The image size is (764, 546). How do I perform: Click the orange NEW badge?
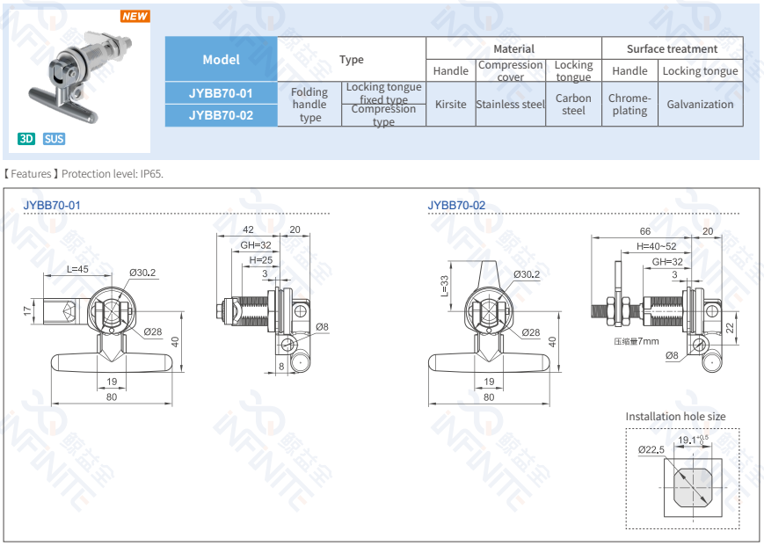(135, 16)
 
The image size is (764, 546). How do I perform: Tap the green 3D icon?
(27, 139)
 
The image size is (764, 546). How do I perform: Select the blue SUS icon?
(55, 139)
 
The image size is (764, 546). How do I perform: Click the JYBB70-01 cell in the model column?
(221, 93)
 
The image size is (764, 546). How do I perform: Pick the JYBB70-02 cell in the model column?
(221, 115)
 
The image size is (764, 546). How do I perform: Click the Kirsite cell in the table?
(450, 104)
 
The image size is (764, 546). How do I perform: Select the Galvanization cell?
(700, 104)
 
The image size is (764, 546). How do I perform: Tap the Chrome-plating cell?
(629, 104)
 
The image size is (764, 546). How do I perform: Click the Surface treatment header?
(672, 48)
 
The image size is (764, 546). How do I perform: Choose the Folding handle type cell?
(309, 104)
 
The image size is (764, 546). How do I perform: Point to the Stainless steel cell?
(510, 104)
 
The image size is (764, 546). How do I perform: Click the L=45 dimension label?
(77, 269)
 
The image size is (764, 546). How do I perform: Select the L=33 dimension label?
(444, 285)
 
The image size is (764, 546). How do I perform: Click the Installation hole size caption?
(675, 416)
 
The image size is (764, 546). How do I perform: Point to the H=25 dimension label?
(260, 260)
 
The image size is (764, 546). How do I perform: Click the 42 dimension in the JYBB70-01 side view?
(249, 229)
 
